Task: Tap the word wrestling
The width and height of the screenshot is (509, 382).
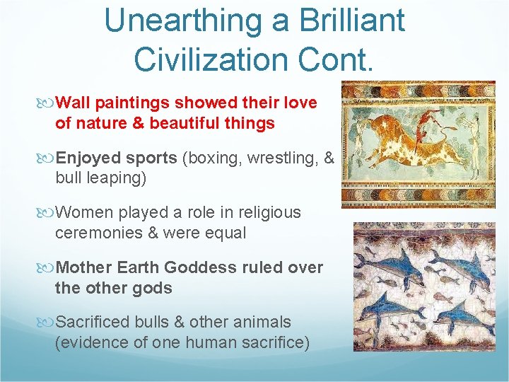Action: [x=282, y=158]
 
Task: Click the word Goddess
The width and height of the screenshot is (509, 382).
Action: [x=200, y=267]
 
